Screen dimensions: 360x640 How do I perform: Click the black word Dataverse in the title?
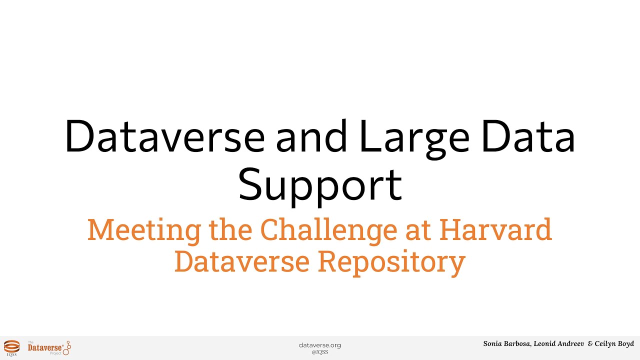164,136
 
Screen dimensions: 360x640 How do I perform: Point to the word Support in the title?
320,183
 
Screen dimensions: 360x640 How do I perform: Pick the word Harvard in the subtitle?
495,229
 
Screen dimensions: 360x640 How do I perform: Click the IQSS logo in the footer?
11,346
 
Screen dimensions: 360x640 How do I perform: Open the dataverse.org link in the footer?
320,345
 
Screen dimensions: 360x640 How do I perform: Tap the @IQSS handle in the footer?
320,352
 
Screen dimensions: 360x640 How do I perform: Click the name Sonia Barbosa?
506,344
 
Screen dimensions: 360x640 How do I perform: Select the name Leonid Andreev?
558,344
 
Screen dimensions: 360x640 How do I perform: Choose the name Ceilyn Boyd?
614,344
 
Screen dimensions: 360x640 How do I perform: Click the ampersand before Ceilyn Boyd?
590,344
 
